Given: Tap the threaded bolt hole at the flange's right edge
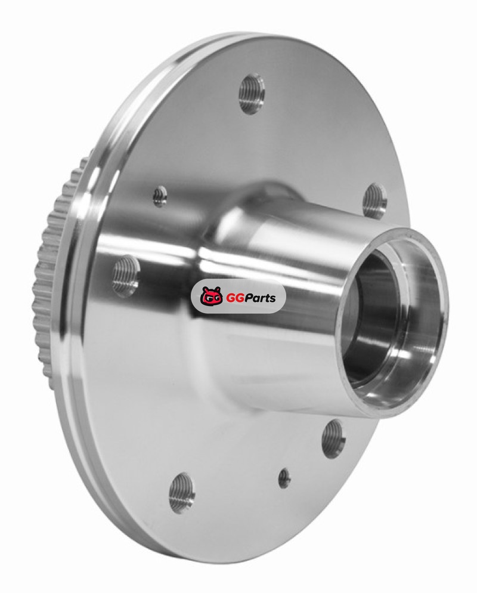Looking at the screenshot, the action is [x=375, y=199].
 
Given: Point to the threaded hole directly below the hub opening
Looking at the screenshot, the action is [x=334, y=437].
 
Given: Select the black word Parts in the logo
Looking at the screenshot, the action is [x=261, y=298].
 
